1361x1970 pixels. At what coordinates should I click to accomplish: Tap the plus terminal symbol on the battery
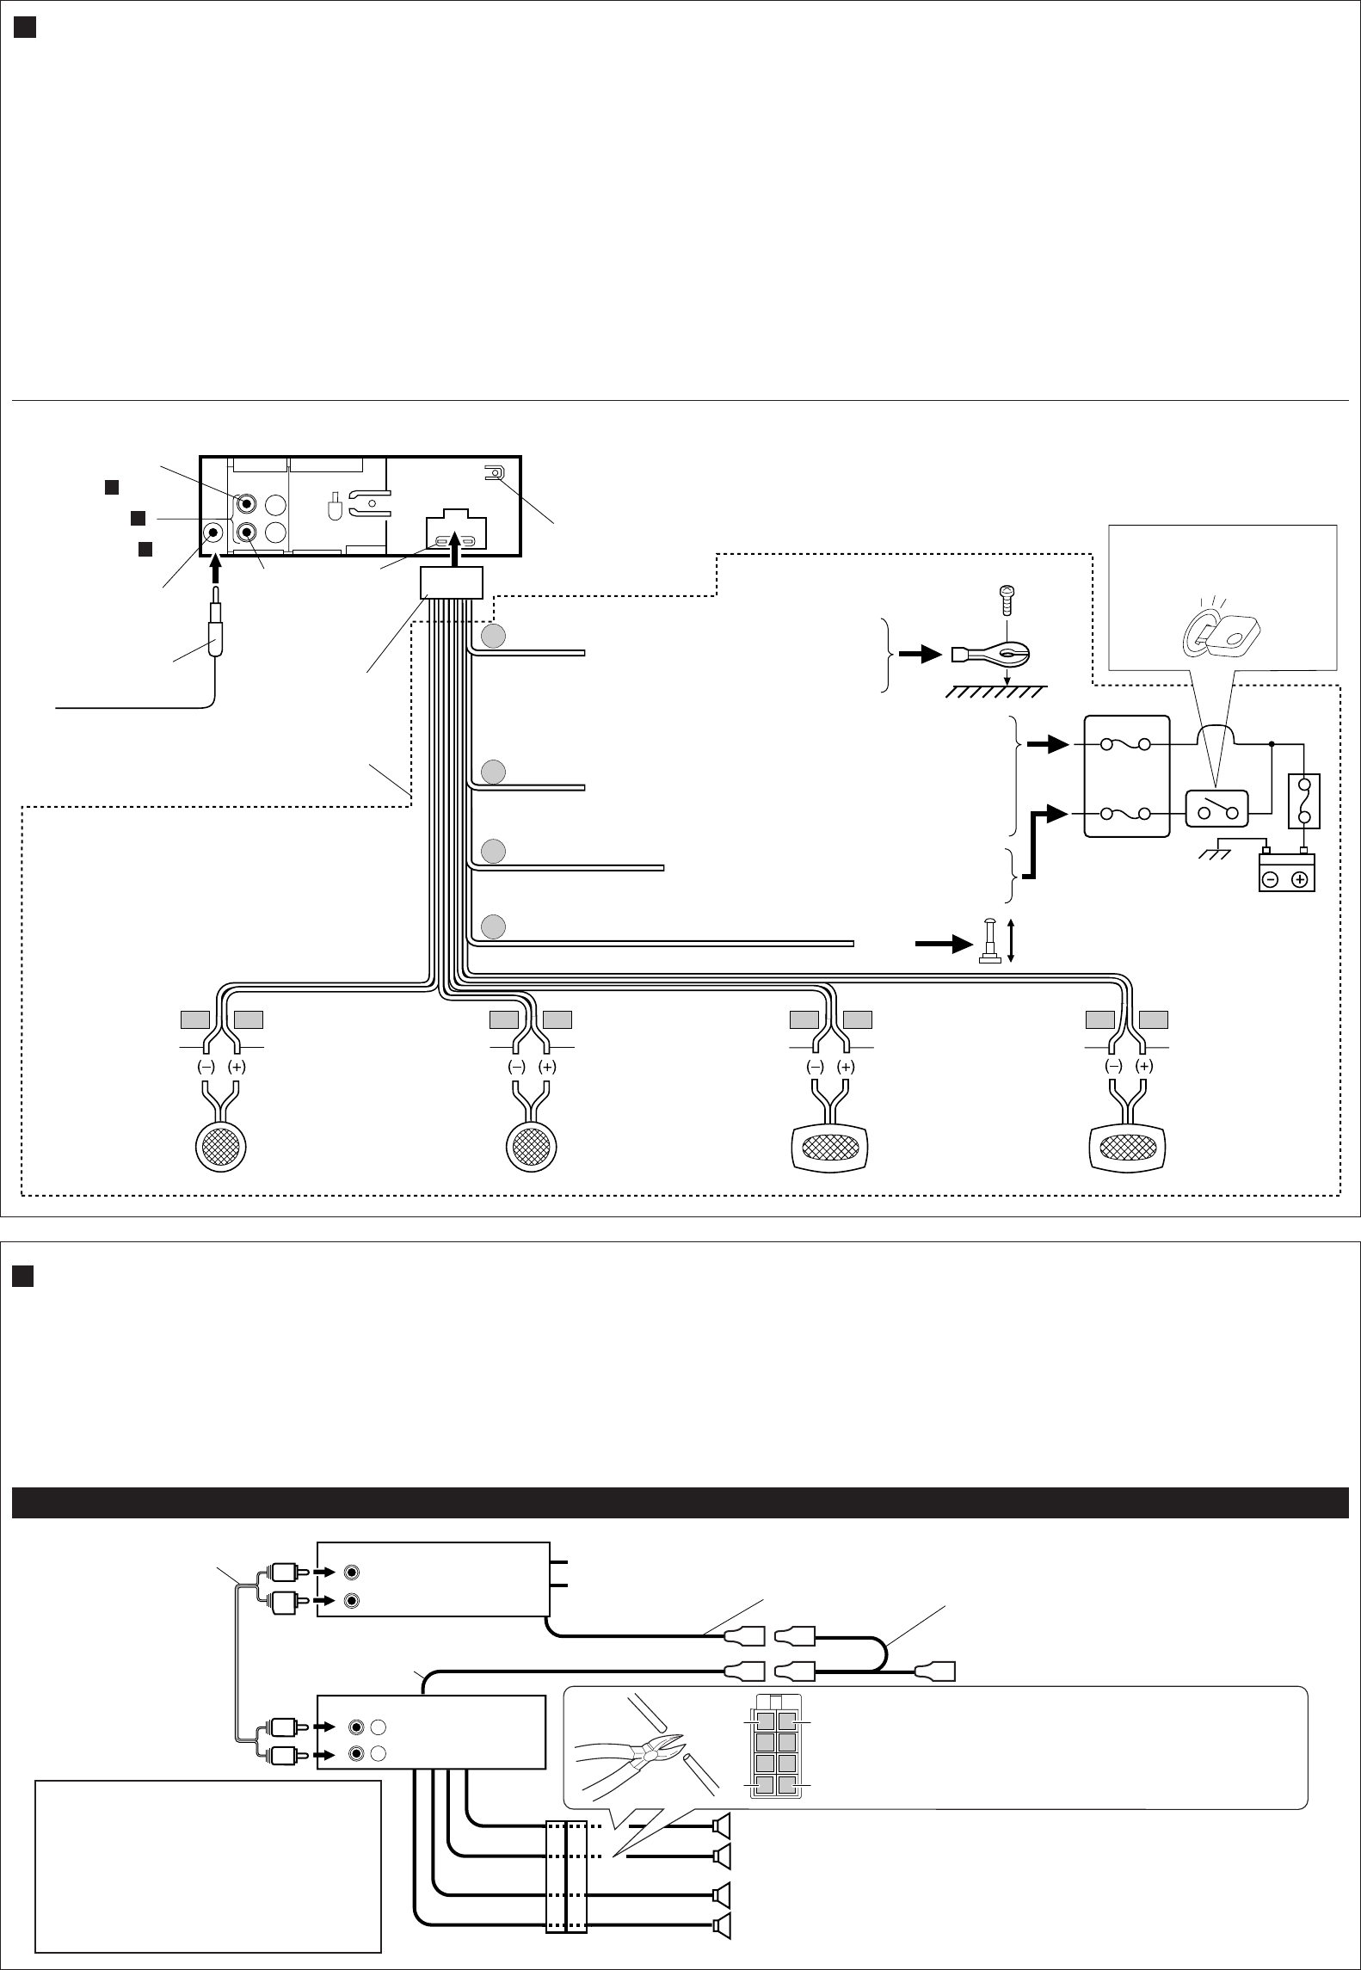(1299, 879)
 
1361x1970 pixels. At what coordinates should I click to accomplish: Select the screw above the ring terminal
(1007, 599)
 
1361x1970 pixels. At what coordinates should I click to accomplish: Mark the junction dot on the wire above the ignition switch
(1272, 743)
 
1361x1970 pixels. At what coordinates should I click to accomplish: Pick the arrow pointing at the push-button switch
(945, 943)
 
